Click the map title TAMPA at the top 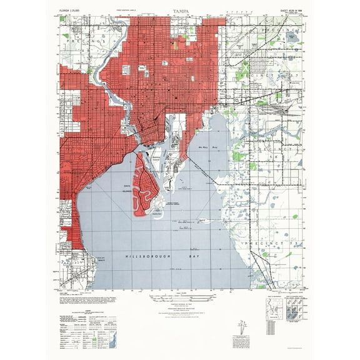[180, 11]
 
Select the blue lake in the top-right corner [293, 37]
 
